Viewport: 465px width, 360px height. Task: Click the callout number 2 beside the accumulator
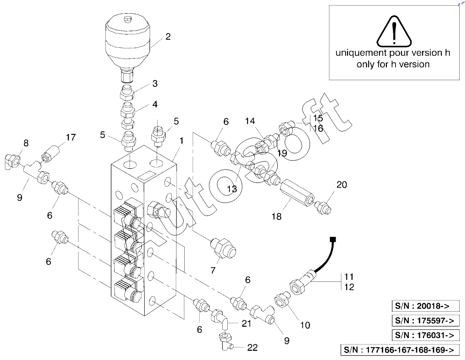coord(168,36)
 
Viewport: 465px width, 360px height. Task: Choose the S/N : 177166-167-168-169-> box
coord(400,350)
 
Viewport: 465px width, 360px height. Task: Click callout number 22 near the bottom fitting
coord(253,348)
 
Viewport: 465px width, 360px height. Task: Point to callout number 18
coord(277,216)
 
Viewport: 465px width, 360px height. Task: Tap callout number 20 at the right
coord(341,185)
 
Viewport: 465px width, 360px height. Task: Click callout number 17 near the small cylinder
coord(71,137)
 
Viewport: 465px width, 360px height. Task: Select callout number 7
coord(213,270)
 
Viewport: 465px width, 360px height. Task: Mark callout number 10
coord(305,325)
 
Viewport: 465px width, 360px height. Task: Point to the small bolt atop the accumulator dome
coord(127,19)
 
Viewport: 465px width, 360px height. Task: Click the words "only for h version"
coord(393,64)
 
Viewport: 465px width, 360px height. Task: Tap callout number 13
coord(232,189)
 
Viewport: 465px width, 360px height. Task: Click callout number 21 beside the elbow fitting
coord(246,323)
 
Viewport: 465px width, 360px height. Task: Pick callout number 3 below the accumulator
coord(155,84)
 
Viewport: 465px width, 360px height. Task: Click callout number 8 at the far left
coord(26,143)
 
